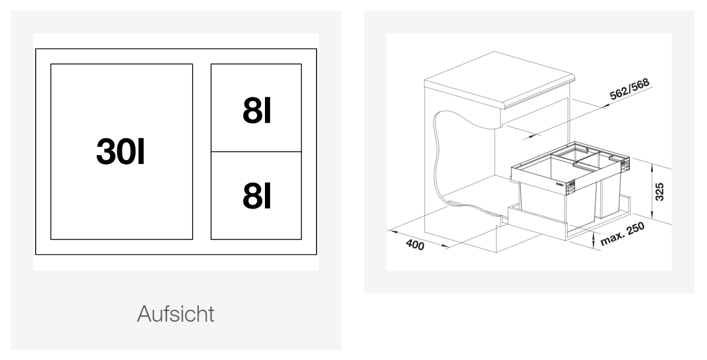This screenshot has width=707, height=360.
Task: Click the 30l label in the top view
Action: click(x=121, y=151)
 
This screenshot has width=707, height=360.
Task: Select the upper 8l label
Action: click(x=257, y=111)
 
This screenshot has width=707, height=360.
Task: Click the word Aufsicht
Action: click(x=176, y=314)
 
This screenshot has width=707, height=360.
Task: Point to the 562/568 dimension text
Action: click(x=629, y=89)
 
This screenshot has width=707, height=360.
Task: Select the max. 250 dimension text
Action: click(x=623, y=234)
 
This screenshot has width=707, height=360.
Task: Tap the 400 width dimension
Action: click(x=415, y=244)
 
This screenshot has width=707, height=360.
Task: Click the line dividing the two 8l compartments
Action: click(x=256, y=151)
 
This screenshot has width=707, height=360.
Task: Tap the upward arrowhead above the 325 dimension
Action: click(x=652, y=167)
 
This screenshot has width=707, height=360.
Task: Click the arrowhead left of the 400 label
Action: click(x=392, y=232)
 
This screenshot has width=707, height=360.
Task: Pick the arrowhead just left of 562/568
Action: click(x=605, y=106)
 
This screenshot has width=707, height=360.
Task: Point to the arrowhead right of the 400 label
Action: click(x=445, y=246)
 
